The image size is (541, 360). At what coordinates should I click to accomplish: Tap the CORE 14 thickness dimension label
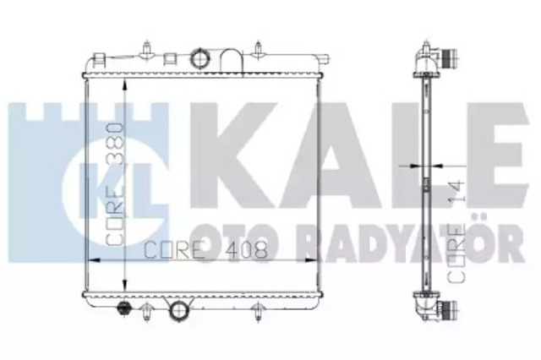point(456,232)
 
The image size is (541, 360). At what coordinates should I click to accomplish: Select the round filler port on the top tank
point(199,58)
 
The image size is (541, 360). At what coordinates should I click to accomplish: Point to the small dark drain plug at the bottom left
point(123,307)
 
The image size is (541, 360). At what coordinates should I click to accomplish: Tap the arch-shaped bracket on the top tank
point(232,61)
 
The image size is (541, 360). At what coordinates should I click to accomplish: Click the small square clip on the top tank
point(170,58)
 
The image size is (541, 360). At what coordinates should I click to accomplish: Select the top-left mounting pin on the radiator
point(146,49)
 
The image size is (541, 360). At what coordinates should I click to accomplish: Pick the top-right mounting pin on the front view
point(258,49)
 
